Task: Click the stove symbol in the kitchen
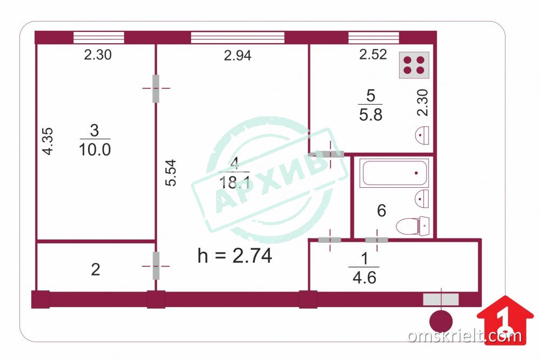[x=414, y=65]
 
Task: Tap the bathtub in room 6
[x=394, y=173]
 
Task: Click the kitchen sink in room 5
[x=422, y=135]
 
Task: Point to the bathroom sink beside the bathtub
[x=422, y=199]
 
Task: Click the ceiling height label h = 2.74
[x=235, y=256]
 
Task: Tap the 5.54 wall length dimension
[x=171, y=173]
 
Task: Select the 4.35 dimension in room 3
[x=48, y=141]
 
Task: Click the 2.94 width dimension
[x=238, y=55]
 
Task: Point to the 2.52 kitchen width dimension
[x=373, y=55]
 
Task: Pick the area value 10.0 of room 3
[x=94, y=150]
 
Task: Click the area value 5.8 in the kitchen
[x=370, y=114]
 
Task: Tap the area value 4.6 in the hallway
[x=364, y=277]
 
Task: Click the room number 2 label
[x=96, y=269]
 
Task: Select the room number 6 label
[x=382, y=210]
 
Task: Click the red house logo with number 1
[x=505, y=320]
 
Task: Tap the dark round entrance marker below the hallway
[x=441, y=321]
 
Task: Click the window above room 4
[x=238, y=38]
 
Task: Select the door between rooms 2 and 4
[x=156, y=266]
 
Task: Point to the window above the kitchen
[x=374, y=38]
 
